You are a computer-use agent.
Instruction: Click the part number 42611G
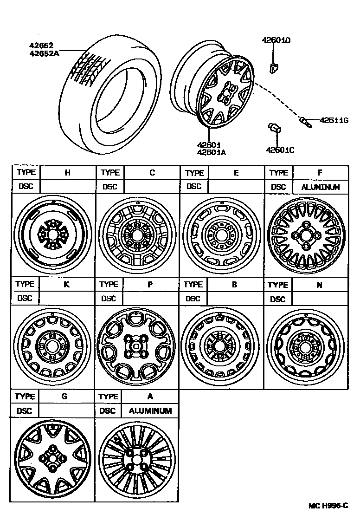coord(334,120)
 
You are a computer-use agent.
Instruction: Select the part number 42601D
coord(276,40)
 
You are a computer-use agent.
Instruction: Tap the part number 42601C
coord(280,150)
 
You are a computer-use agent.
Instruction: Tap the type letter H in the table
coord(67,173)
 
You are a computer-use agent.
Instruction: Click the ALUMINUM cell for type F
coord(320,187)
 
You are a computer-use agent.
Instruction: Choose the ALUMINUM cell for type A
coord(150,411)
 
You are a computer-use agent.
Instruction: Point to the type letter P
coord(150,284)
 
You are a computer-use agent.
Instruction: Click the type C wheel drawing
coord(137,235)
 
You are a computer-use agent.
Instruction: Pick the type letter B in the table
coord(234,284)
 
